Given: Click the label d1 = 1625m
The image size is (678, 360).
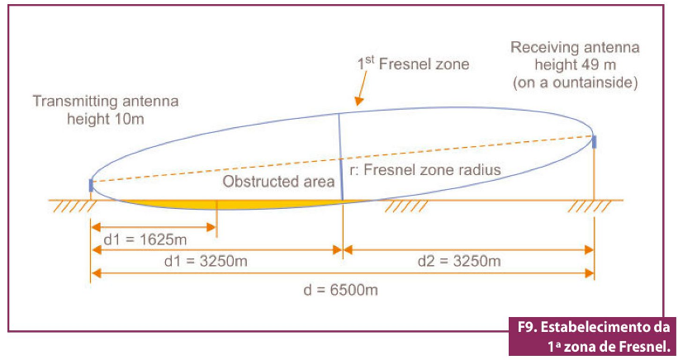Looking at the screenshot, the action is point(145,239).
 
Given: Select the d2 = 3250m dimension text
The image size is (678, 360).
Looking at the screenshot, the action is point(459,261).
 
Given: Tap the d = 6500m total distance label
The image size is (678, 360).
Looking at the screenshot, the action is point(341,290).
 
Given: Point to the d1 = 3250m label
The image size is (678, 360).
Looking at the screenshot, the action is point(206,261).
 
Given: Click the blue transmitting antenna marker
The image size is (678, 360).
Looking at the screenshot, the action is point(91,186).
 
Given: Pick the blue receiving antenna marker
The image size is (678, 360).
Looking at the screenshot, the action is point(594,142).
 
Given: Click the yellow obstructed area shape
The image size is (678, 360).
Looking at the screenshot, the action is point(225,205).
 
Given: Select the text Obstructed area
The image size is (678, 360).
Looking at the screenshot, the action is point(278,182).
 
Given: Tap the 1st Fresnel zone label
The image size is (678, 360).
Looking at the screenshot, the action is point(413,64).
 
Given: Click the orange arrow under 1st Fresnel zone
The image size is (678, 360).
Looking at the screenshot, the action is point(361,88).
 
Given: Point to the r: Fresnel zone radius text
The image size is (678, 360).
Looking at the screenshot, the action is point(425,170).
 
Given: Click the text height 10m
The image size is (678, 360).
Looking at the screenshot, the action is point(106,119).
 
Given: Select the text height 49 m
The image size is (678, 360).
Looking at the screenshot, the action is point(575,65).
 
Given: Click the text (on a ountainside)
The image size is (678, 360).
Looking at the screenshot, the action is point(575,82).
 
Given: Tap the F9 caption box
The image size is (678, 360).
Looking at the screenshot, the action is point(592,336).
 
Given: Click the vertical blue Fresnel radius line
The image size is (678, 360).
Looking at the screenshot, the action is point(341,156).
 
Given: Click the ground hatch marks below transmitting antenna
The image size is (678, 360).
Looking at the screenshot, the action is point(75,206).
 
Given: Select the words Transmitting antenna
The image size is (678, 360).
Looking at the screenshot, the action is point(106,101).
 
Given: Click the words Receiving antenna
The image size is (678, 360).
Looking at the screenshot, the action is point(575,47).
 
